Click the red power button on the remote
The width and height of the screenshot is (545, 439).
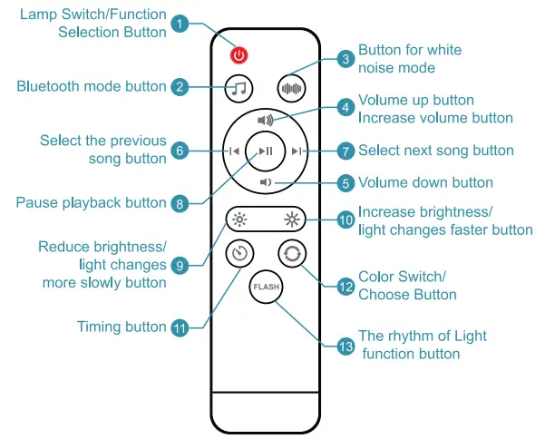click(238, 55)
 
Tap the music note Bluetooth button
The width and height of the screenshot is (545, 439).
click(238, 88)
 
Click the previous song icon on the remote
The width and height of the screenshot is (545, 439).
click(234, 151)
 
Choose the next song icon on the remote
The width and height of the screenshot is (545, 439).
click(298, 151)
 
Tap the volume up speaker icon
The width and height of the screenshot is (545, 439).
click(265, 120)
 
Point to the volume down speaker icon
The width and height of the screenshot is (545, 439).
click(265, 182)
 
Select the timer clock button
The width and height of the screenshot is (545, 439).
click(238, 254)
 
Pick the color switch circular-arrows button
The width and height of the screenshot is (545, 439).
click(292, 254)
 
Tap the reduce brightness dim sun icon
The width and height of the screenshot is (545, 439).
click(238, 219)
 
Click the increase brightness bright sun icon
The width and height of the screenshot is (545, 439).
click(292, 219)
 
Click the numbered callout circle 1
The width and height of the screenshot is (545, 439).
click(180, 24)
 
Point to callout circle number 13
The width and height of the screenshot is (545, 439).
click(345, 345)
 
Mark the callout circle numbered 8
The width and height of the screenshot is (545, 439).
click(180, 203)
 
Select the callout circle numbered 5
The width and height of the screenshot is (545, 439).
click(345, 183)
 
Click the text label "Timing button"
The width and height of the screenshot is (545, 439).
click(122, 327)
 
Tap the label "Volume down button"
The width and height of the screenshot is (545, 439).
click(425, 182)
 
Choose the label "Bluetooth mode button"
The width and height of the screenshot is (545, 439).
click(92, 86)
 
